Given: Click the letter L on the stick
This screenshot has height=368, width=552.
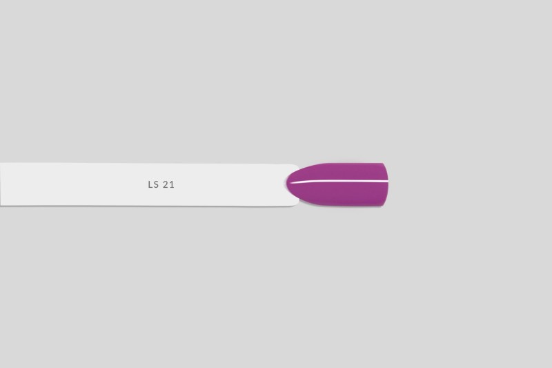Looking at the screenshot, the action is (150, 184).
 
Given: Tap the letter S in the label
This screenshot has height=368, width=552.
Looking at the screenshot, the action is (157, 184).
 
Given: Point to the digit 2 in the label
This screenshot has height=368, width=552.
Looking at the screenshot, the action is (166, 184).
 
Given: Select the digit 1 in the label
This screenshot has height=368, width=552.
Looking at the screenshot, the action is (172, 184).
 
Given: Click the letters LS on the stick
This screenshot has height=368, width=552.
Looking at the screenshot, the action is (153, 184).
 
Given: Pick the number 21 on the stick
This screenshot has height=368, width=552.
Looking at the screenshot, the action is (168, 184).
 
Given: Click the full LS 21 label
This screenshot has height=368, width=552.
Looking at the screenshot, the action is (161, 184).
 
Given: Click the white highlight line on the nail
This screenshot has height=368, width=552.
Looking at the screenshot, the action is (339, 182).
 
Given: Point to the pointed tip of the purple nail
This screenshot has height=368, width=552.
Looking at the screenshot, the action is (287, 184).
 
